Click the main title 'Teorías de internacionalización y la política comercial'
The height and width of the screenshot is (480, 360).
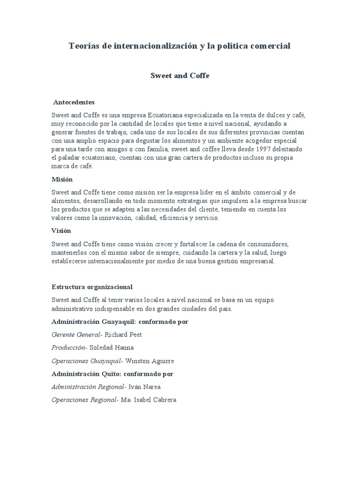click(180, 46)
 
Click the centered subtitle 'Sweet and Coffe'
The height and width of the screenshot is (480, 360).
click(180, 75)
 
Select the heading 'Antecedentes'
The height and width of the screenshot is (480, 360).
click(74, 102)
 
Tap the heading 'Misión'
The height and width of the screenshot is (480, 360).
click(62, 179)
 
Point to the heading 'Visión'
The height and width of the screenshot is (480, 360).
click(61, 231)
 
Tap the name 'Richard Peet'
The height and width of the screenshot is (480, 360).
click(123, 335)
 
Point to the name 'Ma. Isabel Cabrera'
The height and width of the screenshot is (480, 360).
click(148, 400)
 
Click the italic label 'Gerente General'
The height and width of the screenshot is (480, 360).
click(76, 335)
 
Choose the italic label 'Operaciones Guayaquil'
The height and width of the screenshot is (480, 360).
click(86, 361)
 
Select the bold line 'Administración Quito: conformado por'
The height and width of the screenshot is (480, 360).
click(112, 374)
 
